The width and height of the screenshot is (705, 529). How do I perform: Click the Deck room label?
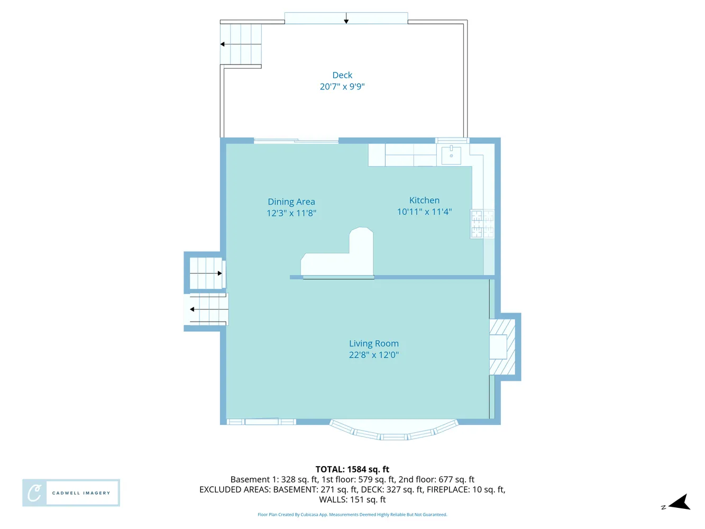[x=342, y=75]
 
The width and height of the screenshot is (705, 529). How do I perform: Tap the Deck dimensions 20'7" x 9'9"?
[x=342, y=87]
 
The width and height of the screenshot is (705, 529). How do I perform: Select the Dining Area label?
[x=291, y=202]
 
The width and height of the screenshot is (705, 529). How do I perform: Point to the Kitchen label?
[x=424, y=200]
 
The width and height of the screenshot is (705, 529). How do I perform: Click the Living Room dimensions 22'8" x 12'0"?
[x=373, y=355]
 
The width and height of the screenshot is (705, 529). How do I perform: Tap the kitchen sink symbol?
[x=451, y=155]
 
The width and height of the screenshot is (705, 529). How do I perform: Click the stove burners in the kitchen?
[x=482, y=224]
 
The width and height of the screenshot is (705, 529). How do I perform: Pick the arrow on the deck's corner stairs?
[x=223, y=44]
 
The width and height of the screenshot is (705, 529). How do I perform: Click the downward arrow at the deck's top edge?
[x=346, y=21]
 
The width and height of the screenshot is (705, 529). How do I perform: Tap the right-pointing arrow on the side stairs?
[x=219, y=273]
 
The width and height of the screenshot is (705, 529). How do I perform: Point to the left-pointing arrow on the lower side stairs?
[x=193, y=309]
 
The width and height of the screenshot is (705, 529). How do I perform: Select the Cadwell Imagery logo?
[x=71, y=493]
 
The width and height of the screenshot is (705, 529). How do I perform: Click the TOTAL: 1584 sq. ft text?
[x=352, y=469]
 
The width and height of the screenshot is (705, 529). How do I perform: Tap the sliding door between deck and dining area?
[x=296, y=141]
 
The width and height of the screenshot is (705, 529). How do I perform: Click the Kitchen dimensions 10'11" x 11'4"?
[x=424, y=212]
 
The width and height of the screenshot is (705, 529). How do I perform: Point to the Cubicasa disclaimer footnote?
[x=352, y=515]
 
